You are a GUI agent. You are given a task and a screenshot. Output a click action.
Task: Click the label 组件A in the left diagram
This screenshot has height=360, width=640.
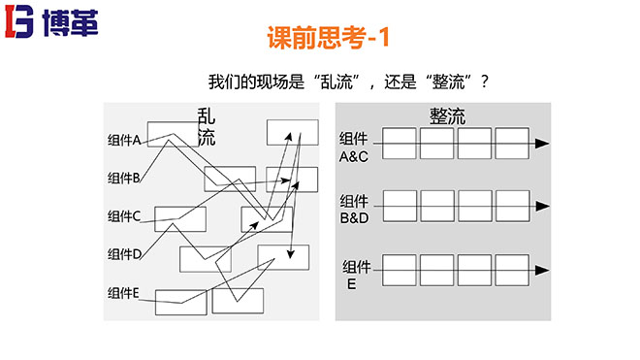125,141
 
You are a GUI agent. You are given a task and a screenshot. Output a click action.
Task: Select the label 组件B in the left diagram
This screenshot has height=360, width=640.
125,178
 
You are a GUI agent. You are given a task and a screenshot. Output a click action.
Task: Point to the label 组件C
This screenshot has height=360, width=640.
125,215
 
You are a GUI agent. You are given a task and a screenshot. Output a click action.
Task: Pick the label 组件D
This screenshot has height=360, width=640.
125,253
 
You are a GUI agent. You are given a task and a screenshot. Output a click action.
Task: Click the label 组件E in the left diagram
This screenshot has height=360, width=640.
125,292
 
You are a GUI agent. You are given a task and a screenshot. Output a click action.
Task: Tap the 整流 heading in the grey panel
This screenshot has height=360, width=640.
447,116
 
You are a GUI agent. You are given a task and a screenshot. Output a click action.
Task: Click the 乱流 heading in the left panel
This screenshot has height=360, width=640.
206,126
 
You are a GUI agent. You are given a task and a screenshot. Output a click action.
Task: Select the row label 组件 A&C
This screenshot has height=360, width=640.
354,147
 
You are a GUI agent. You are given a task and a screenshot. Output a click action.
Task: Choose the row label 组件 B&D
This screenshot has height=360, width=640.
354,209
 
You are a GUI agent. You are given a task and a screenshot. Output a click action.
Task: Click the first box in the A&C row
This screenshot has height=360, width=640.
400,144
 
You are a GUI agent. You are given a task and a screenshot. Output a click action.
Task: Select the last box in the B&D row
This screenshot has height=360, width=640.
512,205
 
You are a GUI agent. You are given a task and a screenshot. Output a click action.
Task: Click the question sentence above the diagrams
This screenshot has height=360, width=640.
347,82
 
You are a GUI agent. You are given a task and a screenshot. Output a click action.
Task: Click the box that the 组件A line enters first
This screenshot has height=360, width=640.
173,134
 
